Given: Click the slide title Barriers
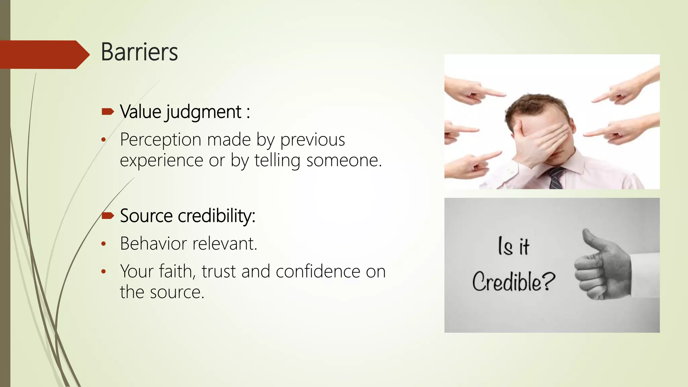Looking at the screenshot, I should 139,52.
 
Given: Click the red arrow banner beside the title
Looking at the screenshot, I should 44,54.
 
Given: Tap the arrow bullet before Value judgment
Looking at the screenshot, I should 108,112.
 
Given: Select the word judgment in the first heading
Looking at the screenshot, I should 203,112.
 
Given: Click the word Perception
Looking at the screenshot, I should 161,140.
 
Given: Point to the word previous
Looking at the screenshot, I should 312,140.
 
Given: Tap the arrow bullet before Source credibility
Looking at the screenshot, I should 108,215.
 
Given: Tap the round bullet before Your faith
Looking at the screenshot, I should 103,271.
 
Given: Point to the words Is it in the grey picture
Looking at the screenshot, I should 513,246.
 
